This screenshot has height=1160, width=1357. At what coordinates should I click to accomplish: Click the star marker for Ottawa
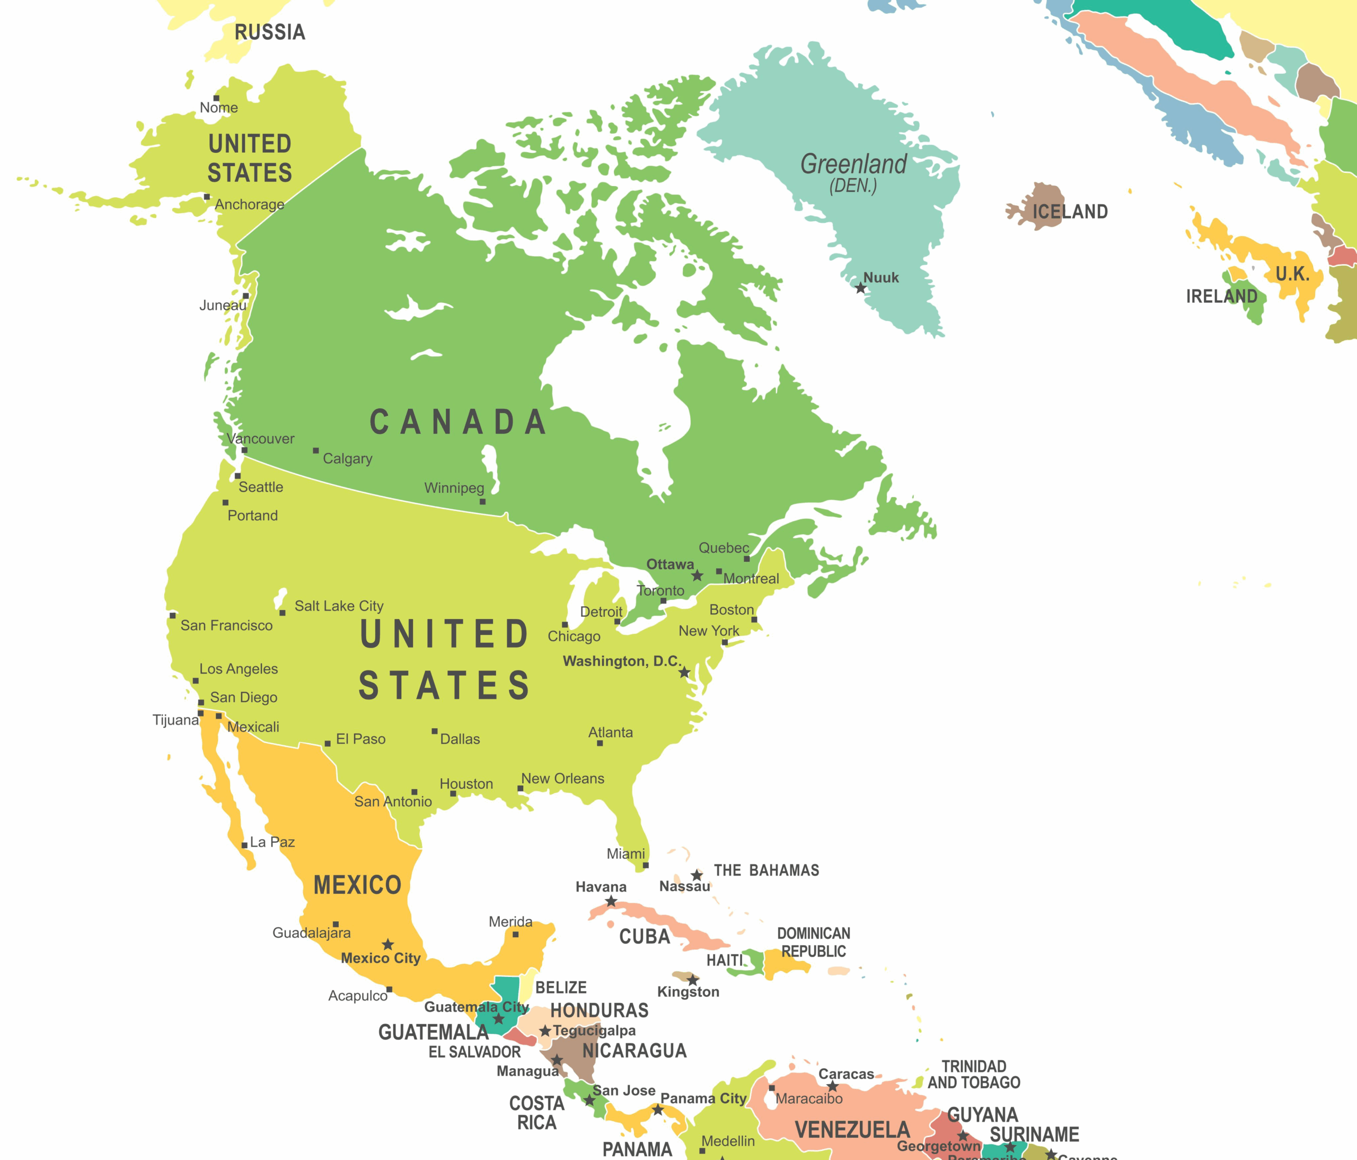(x=698, y=575)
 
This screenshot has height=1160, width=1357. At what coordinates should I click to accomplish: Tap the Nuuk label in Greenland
(x=881, y=278)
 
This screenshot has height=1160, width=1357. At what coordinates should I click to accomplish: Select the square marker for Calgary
(x=316, y=451)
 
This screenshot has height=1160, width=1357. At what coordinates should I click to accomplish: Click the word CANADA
(x=458, y=422)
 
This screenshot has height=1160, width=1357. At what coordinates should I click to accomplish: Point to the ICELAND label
(x=1070, y=212)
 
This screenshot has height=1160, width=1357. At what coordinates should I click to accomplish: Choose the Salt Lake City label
(x=339, y=606)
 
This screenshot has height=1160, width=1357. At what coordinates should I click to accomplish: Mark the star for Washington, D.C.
(x=684, y=673)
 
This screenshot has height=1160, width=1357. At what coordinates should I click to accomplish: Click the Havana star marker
(x=611, y=902)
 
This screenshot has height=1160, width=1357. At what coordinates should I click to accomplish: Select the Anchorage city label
(x=250, y=205)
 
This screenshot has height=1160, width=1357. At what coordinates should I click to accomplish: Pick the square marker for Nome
(x=216, y=98)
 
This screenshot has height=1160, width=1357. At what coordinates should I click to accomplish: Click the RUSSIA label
(x=270, y=32)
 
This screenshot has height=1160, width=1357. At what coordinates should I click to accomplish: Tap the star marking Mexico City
(x=387, y=944)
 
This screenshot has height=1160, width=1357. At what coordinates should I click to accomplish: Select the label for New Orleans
(x=562, y=779)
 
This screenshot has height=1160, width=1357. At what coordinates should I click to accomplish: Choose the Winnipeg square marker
(x=483, y=502)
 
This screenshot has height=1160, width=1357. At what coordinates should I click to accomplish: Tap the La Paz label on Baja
(x=272, y=842)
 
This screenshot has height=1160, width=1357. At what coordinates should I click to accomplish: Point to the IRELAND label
(x=1221, y=296)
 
